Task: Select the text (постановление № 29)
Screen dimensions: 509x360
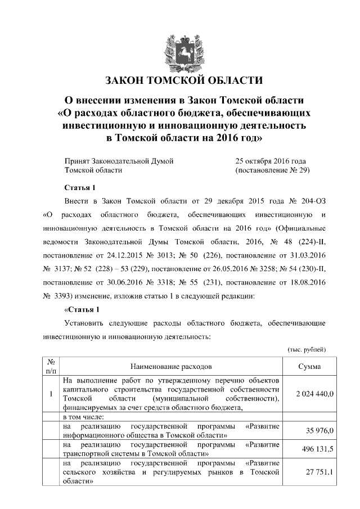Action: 272,170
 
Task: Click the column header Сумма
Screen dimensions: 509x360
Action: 310,367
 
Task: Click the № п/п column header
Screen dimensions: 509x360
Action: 51,367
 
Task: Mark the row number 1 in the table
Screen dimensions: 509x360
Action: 51,394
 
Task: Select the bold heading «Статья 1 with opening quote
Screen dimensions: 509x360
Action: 82,309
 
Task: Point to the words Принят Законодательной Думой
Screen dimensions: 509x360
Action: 119,161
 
